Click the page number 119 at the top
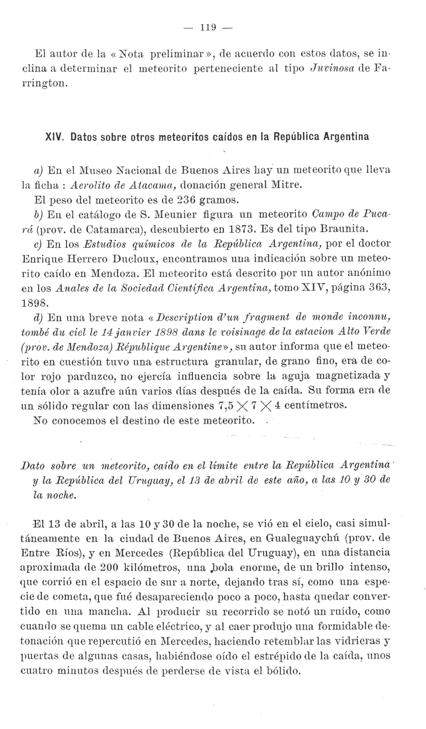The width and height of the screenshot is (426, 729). coord(207,27)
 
